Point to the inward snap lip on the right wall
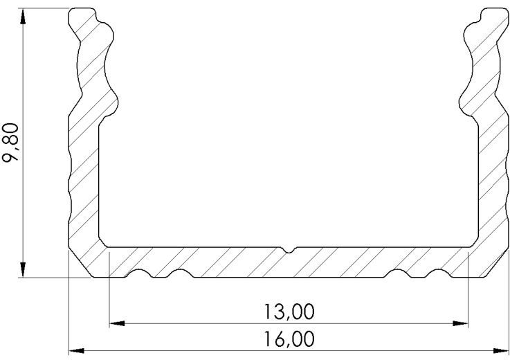pos(465,104)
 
